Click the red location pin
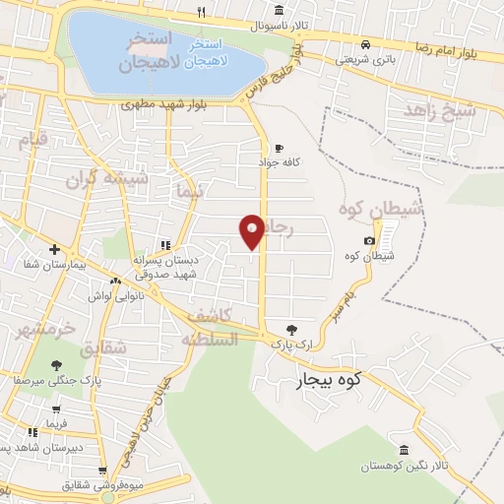pos(252,230)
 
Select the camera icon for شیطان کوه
pos(369,241)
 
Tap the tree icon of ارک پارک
pos(291,330)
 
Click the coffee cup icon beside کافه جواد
pos(279,147)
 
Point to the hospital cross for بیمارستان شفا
pos(54,250)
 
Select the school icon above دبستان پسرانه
pos(165,245)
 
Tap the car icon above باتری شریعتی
pos(365,44)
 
